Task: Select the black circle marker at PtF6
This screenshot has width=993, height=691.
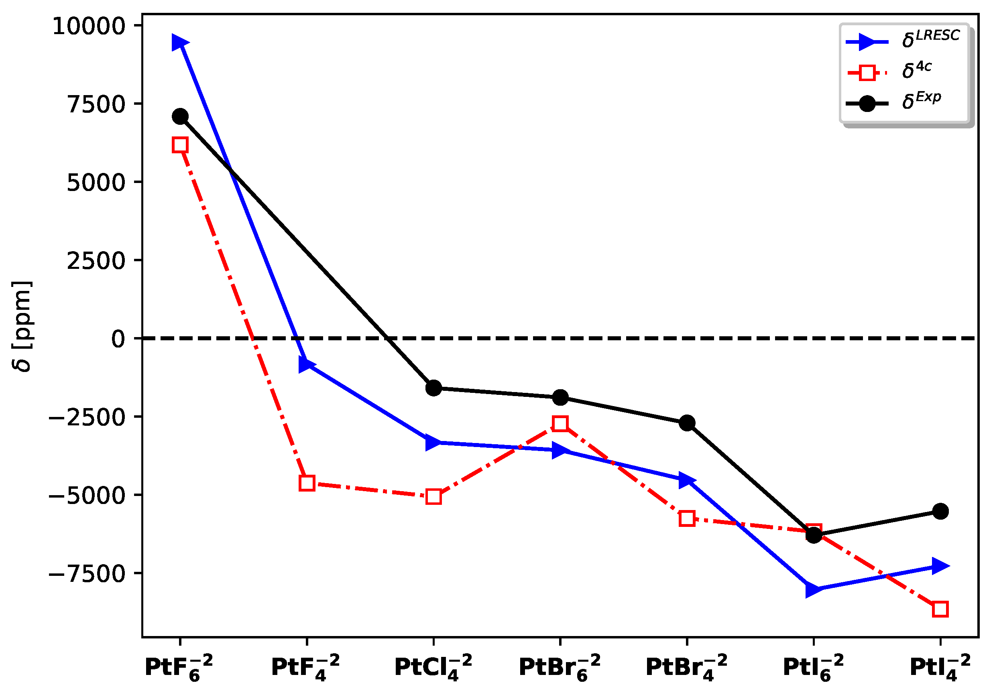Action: point(180,116)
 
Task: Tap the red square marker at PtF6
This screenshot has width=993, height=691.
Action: point(180,145)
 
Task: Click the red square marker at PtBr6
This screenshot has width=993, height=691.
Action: point(560,424)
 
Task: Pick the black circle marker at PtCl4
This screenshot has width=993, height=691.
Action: point(433,388)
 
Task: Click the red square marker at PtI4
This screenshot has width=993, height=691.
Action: point(940,609)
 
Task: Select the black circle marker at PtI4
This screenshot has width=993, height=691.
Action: point(940,512)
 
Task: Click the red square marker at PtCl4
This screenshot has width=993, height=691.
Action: point(433,497)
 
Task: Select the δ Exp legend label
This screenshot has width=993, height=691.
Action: point(921,101)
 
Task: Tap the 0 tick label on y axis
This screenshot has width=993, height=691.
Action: point(118,339)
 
